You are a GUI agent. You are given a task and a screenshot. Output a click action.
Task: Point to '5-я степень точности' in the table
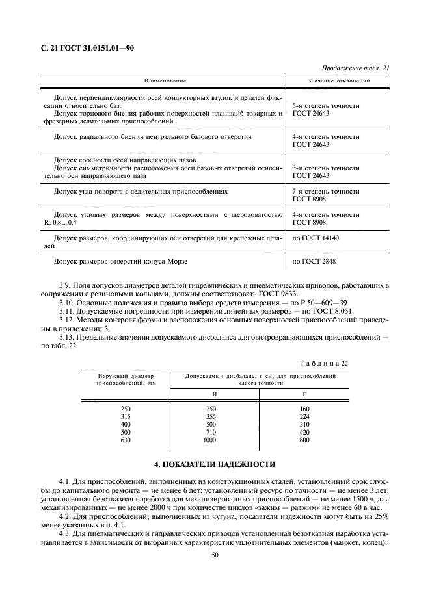(326, 105)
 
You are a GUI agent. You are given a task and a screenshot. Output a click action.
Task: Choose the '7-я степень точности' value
(326, 192)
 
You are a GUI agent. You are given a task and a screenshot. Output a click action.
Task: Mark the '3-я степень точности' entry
(326, 168)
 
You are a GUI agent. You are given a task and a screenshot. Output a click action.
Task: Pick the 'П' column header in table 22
(304, 394)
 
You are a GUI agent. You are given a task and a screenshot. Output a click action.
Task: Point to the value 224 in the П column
(304, 417)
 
